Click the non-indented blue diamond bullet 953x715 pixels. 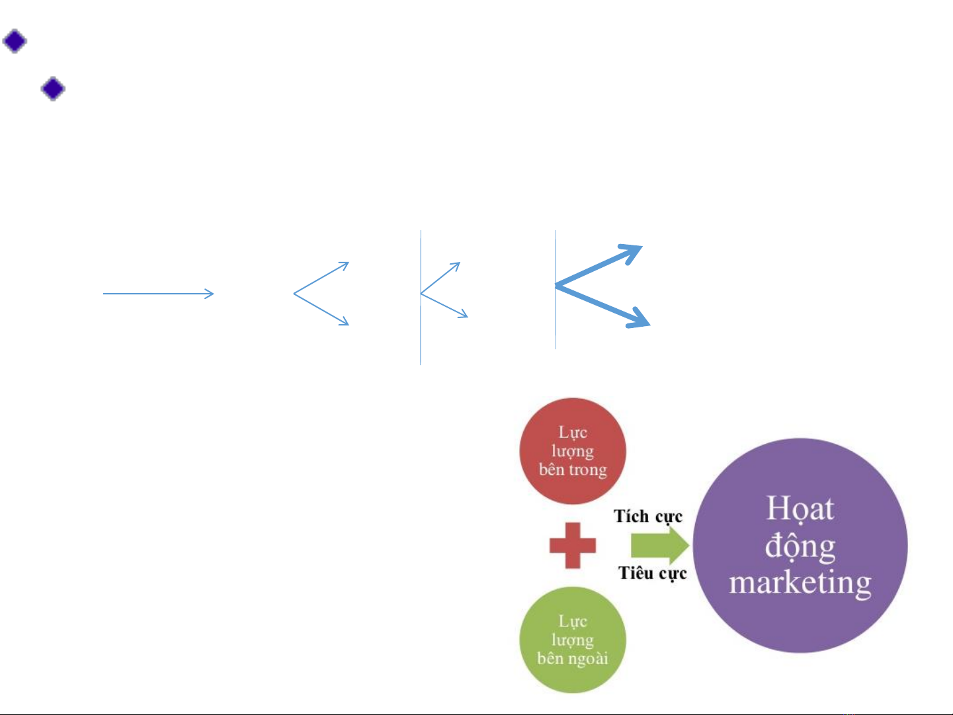[15, 41]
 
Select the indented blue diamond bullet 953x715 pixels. [53, 89]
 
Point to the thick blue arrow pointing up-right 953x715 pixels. [599, 266]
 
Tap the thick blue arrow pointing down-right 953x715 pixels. [602, 306]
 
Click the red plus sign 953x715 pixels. [573, 546]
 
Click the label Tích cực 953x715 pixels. [648, 517]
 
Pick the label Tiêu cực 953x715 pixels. [653, 573]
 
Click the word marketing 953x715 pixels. [800, 583]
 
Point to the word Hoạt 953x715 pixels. [800, 509]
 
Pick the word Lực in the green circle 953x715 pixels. [573, 621]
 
